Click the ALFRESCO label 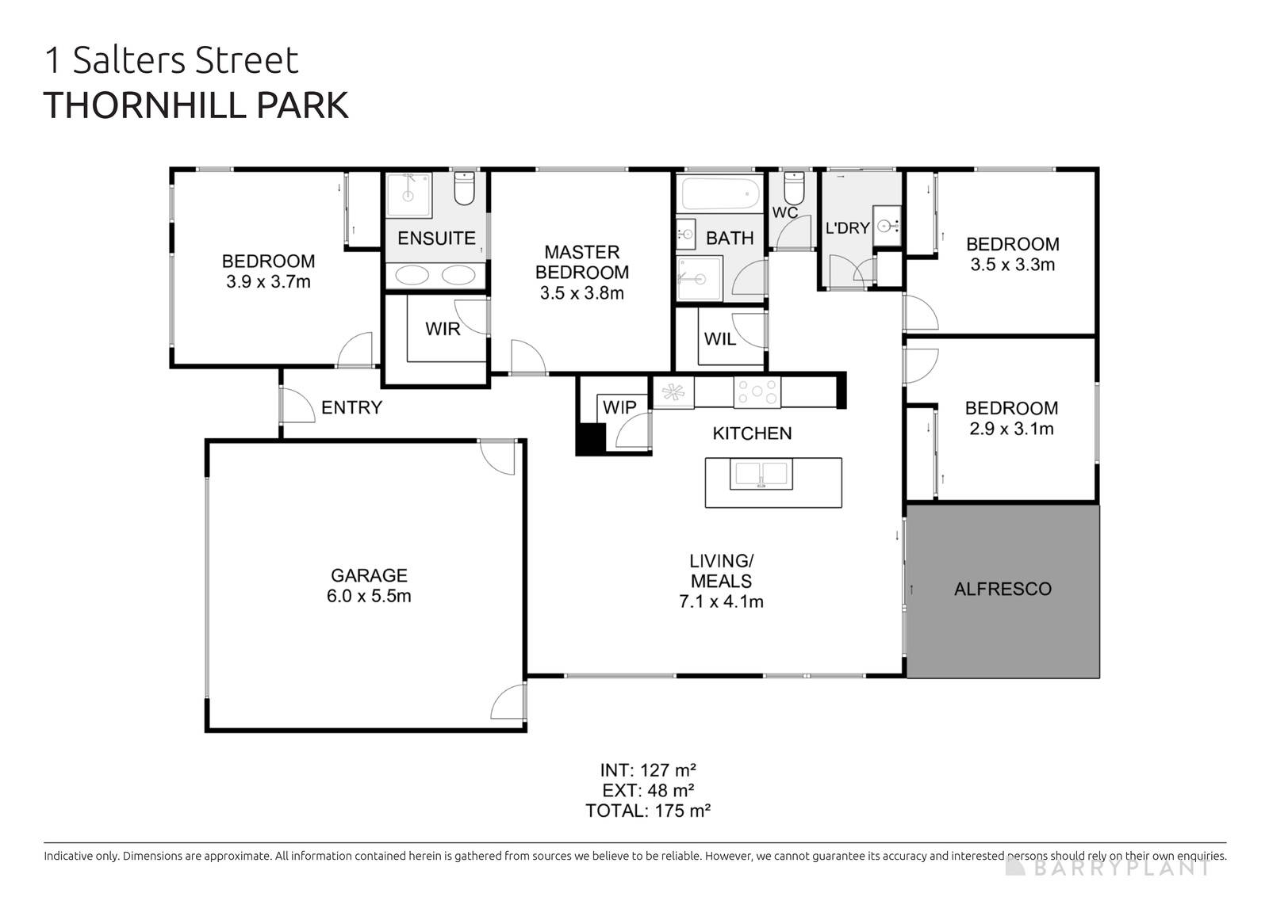(1003, 589)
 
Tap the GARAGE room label (369, 576)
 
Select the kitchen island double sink (761, 475)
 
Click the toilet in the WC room (793, 187)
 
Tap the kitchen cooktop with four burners (757, 391)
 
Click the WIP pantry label (619, 407)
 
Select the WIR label (443, 329)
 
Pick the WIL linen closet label (720, 339)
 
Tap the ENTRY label (351, 407)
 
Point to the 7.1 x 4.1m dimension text (721, 601)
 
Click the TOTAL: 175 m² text (647, 811)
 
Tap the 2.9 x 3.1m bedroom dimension (1011, 429)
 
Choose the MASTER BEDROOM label (582, 262)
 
